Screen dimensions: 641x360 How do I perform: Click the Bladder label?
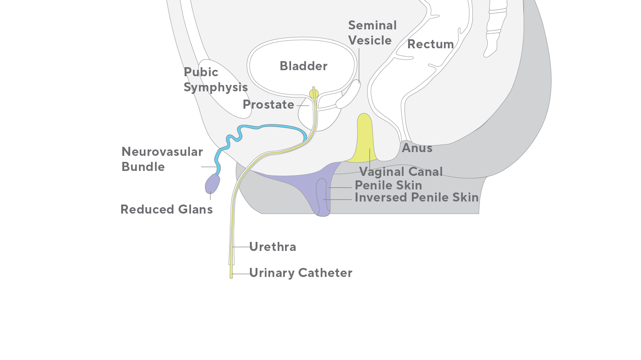click(304, 66)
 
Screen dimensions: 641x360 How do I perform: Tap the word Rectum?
click(430, 44)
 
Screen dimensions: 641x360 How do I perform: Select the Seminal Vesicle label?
click(372, 33)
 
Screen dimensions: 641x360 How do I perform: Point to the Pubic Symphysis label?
click(216, 80)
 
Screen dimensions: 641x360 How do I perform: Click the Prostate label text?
click(268, 105)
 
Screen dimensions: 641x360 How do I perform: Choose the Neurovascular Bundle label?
click(162, 159)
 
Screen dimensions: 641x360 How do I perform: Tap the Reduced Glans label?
click(166, 209)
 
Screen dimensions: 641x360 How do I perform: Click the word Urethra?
click(273, 247)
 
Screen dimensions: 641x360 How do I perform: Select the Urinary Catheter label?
click(301, 273)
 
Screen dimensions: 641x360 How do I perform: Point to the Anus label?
click(417, 148)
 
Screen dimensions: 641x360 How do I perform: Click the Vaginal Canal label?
click(401, 172)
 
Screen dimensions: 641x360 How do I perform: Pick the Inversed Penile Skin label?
click(417, 198)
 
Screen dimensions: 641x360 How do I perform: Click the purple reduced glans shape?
click(212, 184)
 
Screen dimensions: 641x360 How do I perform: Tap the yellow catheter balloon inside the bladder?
click(314, 94)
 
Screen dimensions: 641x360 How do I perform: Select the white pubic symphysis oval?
click(225, 89)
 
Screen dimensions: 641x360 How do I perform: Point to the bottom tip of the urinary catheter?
click(231, 277)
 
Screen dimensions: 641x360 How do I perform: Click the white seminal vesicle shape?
click(348, 94)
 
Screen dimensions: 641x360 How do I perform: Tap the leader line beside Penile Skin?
click(340, 188)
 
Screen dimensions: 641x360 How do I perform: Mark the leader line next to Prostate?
click(303, 106)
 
